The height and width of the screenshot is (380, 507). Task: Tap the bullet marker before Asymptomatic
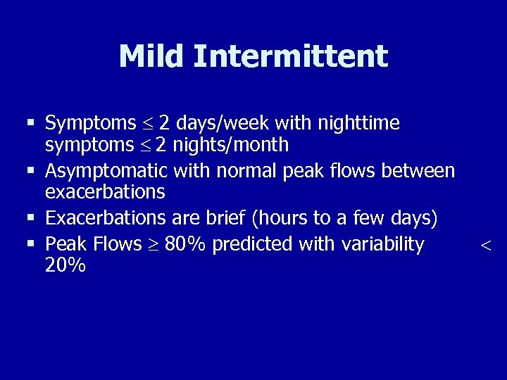coord(30,171)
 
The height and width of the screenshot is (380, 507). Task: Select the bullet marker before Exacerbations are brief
coord(30,219)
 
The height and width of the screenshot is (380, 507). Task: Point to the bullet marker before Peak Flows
coord(30,244)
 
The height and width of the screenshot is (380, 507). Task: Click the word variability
coord(384,244)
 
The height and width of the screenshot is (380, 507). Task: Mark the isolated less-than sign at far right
coord(484,245)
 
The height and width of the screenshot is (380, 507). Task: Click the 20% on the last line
coord(65,265)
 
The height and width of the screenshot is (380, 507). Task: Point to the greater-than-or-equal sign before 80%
coord(155,245)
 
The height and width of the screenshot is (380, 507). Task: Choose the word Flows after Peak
coord(115,244)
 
